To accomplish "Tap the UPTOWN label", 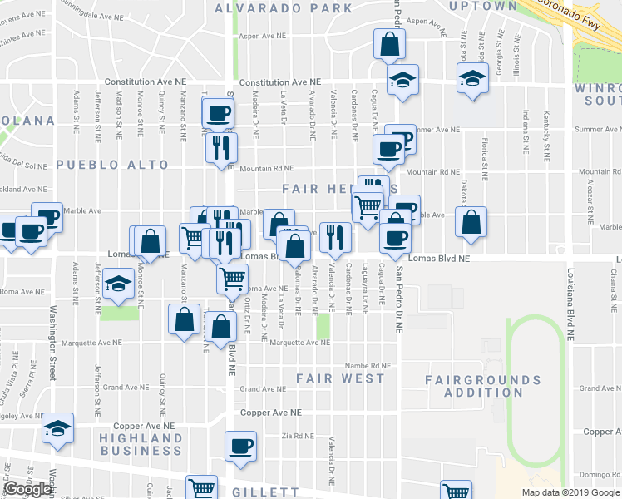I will pyautogui.click(x=482, y=6).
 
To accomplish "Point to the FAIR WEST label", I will pyautogui.click(x=341, y=378).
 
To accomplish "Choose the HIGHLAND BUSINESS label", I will pyautogui.click(x=141, y=444).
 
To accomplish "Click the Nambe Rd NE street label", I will pyautogui.click(x=368, y=365).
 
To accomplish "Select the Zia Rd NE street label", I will pyautogui.click(x=298, y=435).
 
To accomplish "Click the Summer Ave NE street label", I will pyautogui.click(x=436, y=130).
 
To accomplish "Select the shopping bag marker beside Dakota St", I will pyautogui.click(x=471, y=222).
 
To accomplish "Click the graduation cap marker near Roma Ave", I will pyautogui.click(x=119, y=284).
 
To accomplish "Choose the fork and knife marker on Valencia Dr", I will pyautogui.click(x=335, y=236).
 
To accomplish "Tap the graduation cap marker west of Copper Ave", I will pyautogui.click(x=57, y=427).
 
